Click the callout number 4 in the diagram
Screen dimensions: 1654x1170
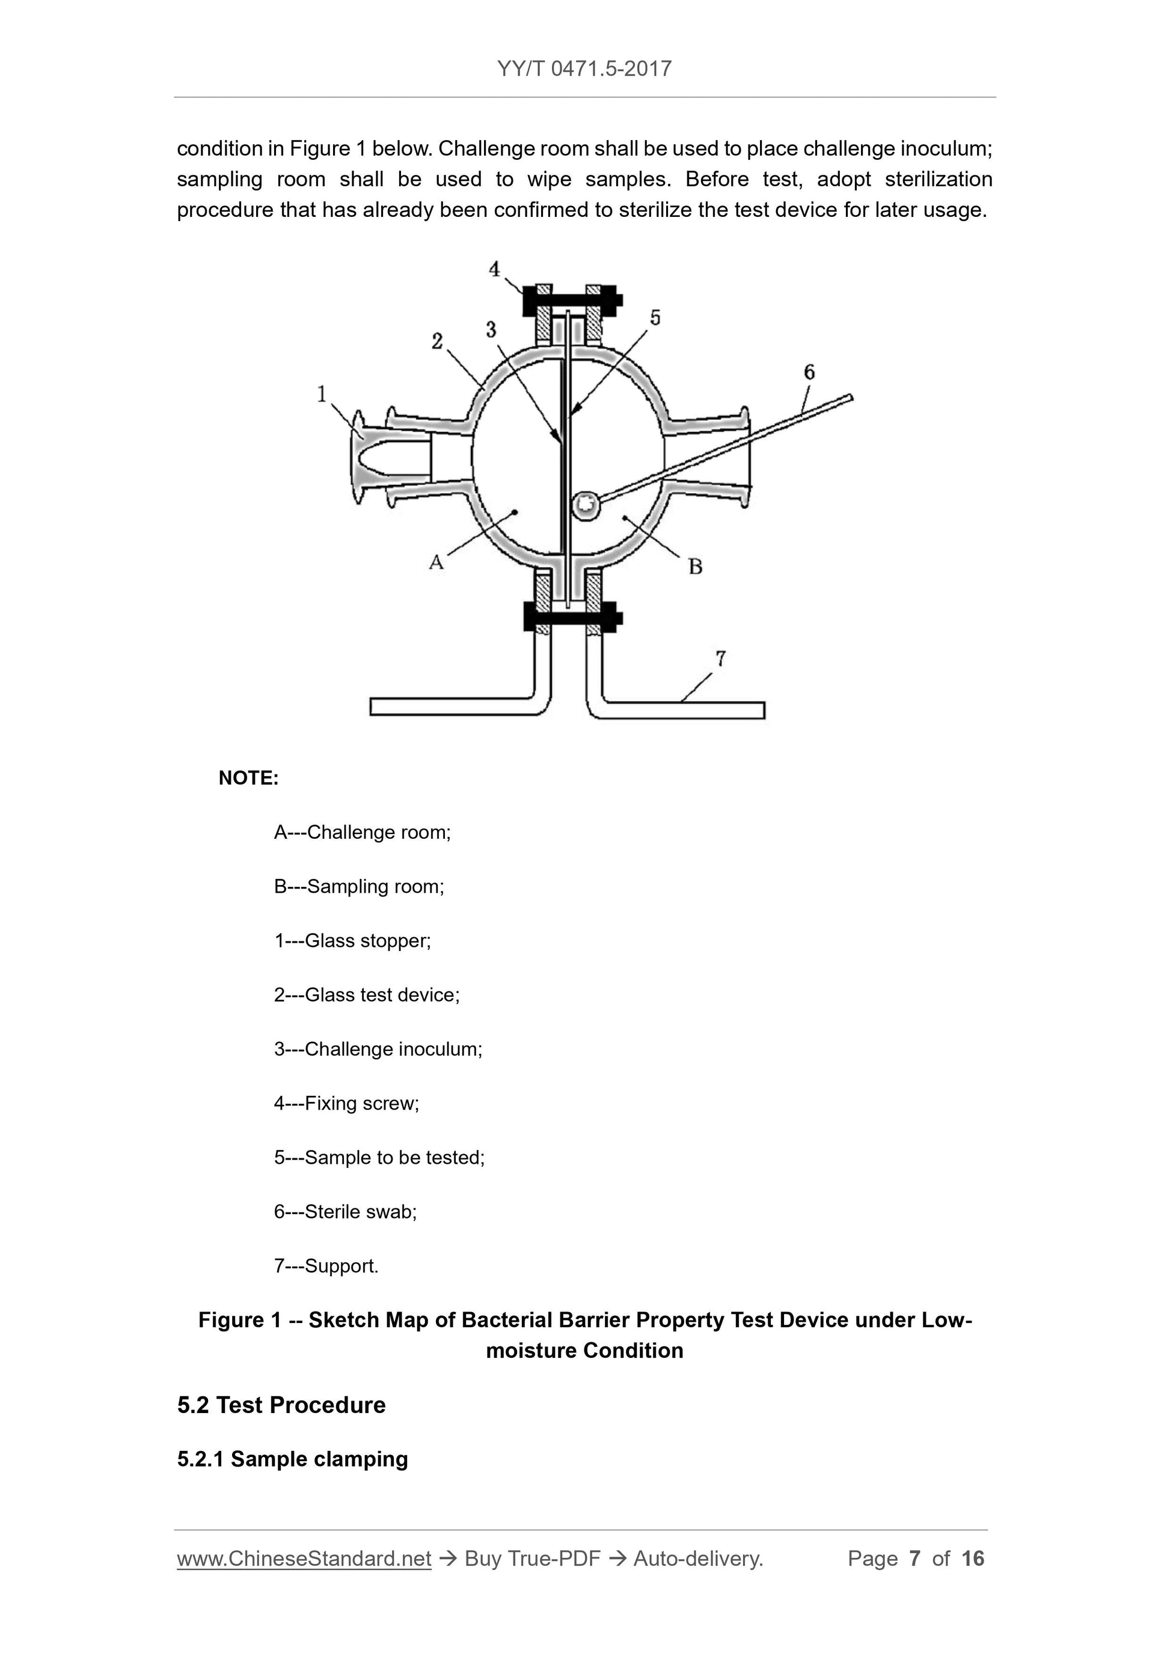494,269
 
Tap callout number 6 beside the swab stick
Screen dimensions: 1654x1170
809,372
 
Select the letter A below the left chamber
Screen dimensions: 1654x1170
436,562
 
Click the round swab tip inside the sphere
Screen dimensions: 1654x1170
586,505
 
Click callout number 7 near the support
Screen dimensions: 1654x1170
720,658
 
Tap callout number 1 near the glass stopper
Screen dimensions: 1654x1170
322,394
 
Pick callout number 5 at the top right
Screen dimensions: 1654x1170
655,318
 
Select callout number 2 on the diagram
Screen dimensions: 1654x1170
437,341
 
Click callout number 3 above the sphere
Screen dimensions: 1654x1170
491,329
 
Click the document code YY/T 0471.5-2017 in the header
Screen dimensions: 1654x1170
584,68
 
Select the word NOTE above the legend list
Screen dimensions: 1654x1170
248,778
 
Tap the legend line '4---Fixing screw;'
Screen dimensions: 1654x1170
346,1103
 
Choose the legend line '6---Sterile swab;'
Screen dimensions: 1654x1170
345,1212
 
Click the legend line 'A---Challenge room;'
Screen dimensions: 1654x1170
362,832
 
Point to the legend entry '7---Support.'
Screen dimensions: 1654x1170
326,1266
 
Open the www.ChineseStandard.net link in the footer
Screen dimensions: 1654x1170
304,1558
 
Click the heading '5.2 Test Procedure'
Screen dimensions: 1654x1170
281,1405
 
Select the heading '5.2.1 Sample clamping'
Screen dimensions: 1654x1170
292,1459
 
